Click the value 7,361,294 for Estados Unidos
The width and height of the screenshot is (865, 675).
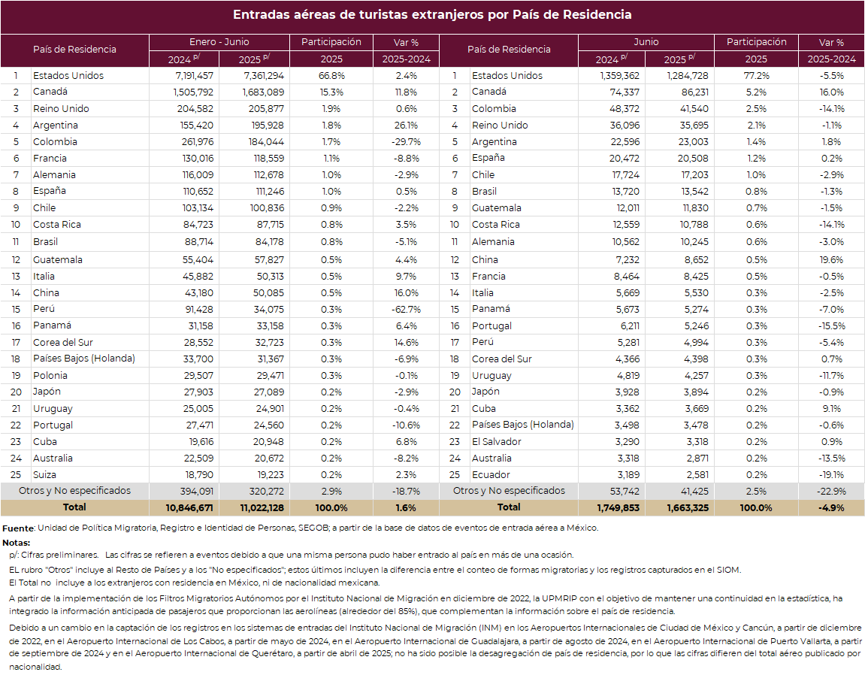coord(264,76)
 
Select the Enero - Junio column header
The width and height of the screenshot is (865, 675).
coord(219,42)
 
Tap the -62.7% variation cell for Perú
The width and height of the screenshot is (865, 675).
coord(406,309)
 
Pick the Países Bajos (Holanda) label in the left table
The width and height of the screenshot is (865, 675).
coord(84,359)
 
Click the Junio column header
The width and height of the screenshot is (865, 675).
coord(646,42)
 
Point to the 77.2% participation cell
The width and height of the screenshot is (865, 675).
coord(756,76)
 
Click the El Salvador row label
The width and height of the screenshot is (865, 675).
coord(497,441)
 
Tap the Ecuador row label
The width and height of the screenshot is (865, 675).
coord(491,474)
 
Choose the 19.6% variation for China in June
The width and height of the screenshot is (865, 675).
coord(831,259)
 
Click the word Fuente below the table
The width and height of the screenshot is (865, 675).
coord(18,528)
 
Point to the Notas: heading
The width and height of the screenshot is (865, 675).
coord(16,543)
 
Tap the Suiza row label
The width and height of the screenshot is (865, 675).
coord(44,474)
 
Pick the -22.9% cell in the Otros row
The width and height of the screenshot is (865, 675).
coord(831,491)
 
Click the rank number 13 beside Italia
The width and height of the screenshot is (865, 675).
coord(16,276)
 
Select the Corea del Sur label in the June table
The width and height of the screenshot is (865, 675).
coord(501,359)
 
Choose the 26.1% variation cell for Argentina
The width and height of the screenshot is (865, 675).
coord(406,126)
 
